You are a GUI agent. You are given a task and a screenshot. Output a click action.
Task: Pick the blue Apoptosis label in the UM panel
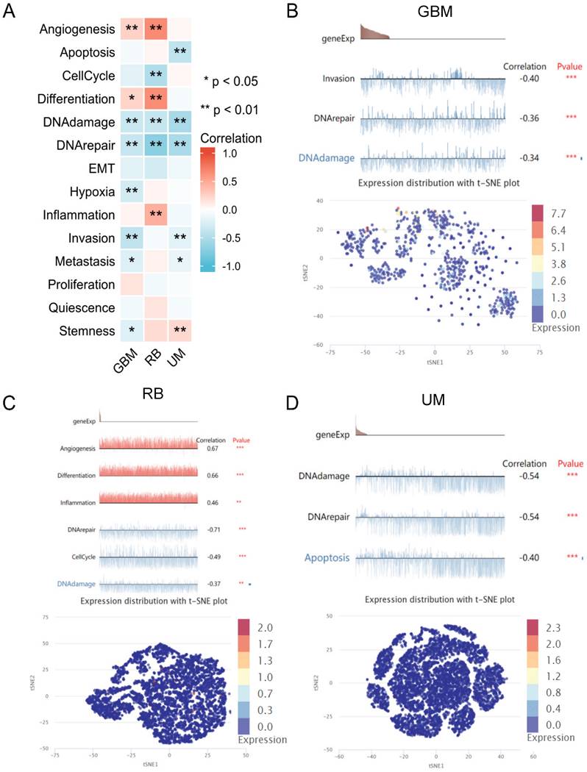(x=329, y=557)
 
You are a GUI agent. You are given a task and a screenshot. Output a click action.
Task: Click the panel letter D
(x=305, y=402)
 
